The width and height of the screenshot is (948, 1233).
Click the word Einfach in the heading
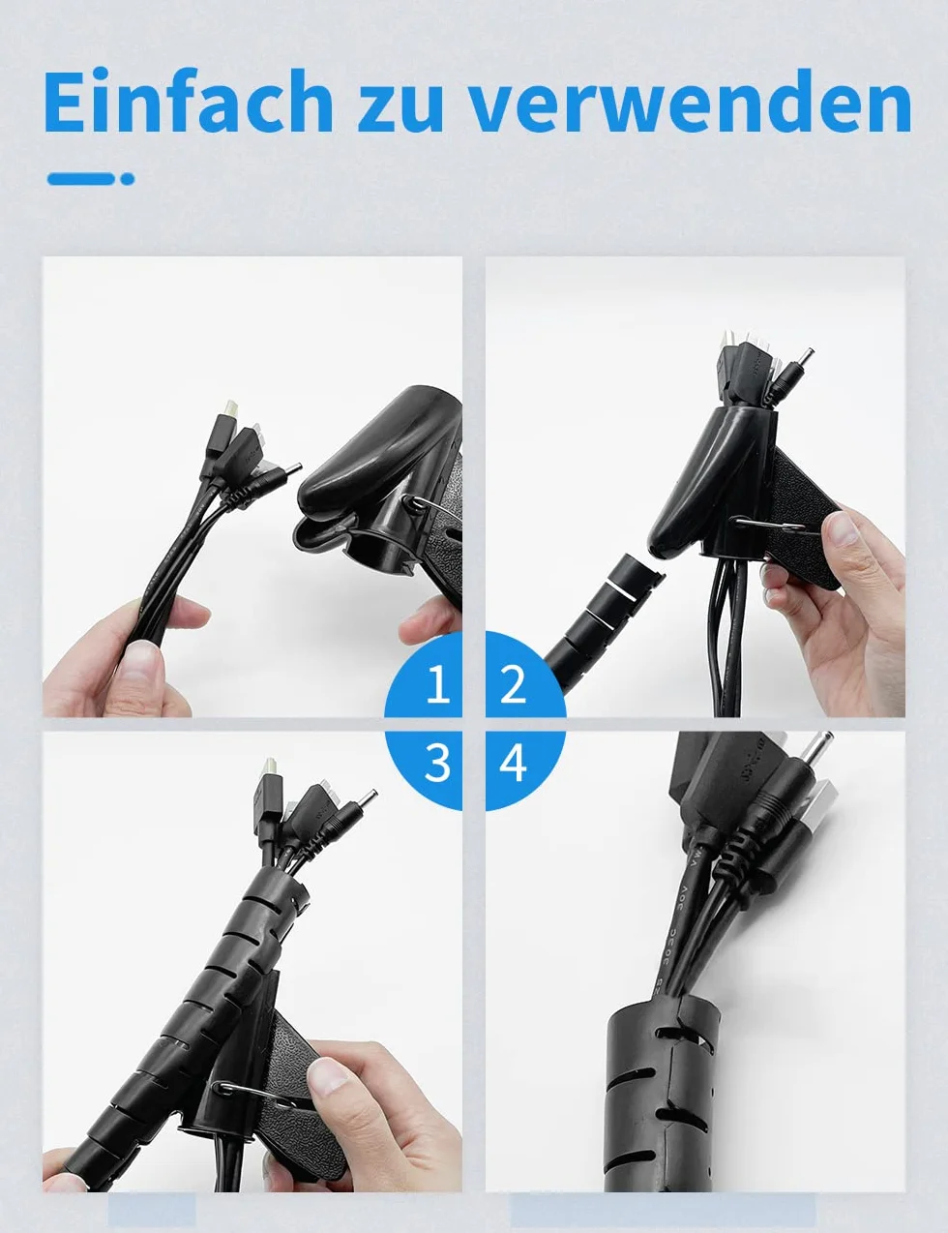click(188, 102)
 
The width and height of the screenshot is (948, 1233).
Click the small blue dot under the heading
click(128, 179)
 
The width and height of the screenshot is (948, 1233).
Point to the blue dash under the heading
click(81, 179)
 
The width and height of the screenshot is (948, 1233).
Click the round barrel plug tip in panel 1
click(292, 468)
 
